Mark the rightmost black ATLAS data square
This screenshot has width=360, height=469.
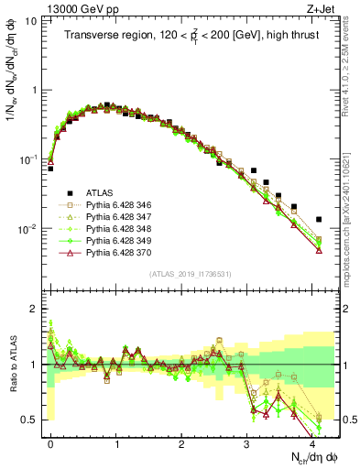coord(318,220)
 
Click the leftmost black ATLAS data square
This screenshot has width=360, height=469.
coord(50,169)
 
